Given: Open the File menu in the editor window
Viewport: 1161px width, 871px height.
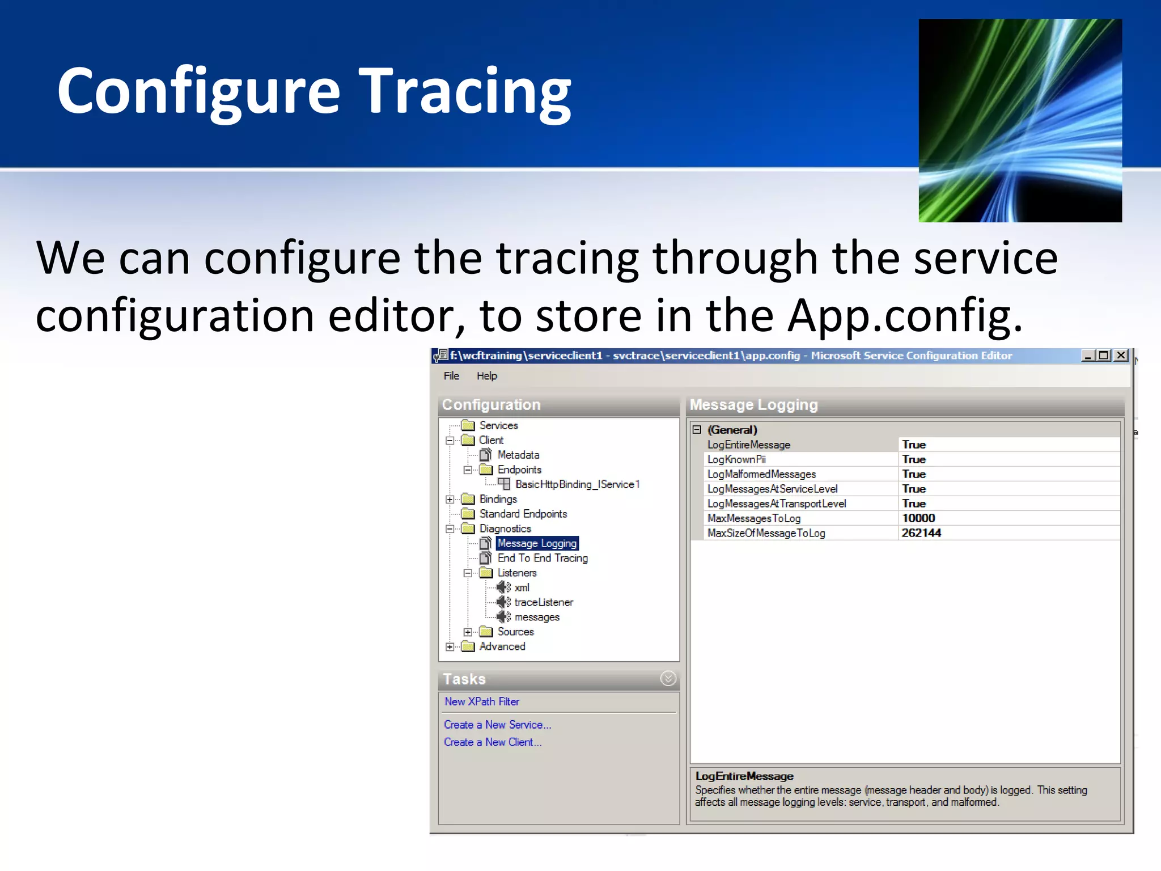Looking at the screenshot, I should pos(451,376).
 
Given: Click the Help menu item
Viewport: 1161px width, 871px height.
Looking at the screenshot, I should pos(486,376).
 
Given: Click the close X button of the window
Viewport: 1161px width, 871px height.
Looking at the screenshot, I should pos(1121,356).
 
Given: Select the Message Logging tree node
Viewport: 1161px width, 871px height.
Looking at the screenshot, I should pos(536,543).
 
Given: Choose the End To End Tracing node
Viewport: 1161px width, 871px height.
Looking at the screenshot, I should pos(542,558).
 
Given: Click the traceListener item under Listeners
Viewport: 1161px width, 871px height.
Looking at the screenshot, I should pos(543,602).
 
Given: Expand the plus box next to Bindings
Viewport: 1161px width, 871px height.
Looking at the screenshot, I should pos(450,500).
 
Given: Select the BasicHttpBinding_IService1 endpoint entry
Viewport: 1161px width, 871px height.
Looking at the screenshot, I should pos(577,484).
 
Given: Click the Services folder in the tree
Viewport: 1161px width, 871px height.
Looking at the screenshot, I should pos(498,425).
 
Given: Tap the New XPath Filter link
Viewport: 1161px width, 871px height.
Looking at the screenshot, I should pos(481,701).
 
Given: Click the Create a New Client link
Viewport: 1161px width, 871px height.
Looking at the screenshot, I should pos(492,742).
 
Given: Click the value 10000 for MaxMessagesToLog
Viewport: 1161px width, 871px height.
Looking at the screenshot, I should pos(918,518).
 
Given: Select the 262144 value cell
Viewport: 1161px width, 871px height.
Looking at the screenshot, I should pos(921,533).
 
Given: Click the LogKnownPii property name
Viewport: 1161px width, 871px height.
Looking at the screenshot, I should pos(736,459).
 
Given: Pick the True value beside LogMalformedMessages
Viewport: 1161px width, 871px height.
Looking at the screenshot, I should pos(914,474).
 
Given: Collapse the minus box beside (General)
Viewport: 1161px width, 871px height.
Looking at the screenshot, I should pos(697,430).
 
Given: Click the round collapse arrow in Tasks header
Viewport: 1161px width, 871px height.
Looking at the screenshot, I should pos(668,678).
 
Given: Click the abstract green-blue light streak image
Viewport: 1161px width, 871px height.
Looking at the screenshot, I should pos(1020,120).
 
